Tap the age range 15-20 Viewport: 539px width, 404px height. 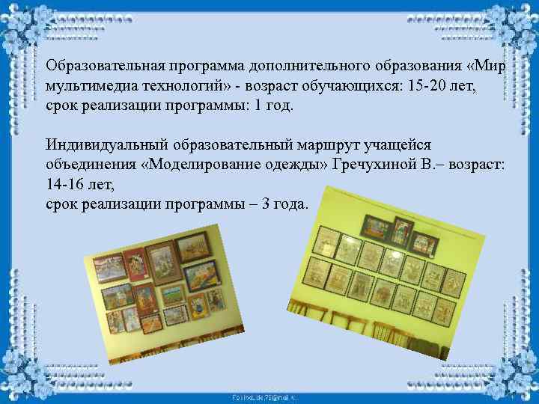[x=429, y=85]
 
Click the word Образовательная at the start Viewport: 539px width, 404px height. [x=106, y=66]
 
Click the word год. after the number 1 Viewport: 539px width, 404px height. [x=280, y=105]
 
